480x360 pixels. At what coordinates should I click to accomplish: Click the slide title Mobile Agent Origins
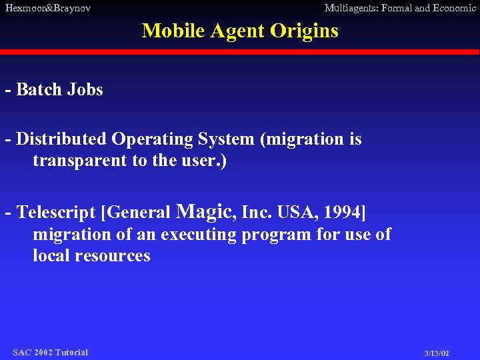pyautogui.click(x=240, y=31)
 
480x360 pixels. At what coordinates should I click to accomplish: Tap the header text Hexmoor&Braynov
pyautogui.click(x=47, y=8)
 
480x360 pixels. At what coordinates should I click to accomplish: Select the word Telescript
pyautogui.click(x=57, y=213)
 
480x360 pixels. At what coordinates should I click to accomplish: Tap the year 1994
pyautogui.click(x=341, y=213)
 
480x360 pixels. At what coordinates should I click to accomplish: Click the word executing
pyautogui.click(x=199, y=235)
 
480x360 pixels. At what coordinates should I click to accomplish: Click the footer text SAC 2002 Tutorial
pyautogui.click(x=50, y=352)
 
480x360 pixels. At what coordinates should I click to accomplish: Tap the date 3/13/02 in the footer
pyautogui.click(x=437, y=353)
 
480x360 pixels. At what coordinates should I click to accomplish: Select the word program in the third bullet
pyautogui.click(x=273, y=235)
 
